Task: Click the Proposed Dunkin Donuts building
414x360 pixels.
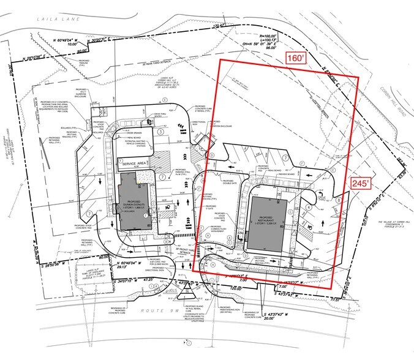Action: click(135, 201)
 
